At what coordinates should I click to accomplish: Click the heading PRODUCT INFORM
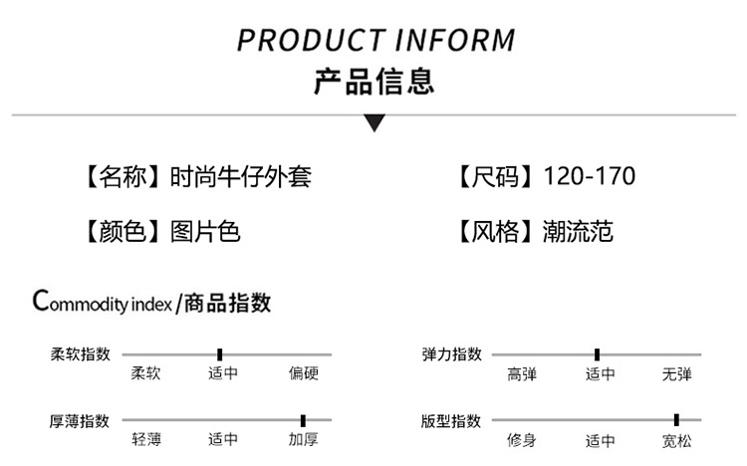[x=376, y=41]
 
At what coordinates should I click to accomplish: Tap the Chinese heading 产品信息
[x=373, y=81]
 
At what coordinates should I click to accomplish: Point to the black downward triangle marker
[x=373, y=123]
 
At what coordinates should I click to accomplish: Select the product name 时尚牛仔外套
[x=241, y=177]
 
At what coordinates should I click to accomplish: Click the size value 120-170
[x=590, y=177]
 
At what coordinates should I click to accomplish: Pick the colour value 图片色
[x=205, y=233]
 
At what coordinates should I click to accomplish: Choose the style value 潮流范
[x=578, y=233]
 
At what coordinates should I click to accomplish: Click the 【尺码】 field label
[x=495, y=177]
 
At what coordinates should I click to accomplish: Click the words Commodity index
[x=104, y=302]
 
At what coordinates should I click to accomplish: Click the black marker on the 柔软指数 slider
[x=219, y=353]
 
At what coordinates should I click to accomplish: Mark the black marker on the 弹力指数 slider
[x=597, y=353]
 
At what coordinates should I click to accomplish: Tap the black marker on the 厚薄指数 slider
[x=303, y=420]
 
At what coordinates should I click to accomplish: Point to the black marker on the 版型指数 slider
[x=676, y=420]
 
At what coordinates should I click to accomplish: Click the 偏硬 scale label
[x=303, y=374]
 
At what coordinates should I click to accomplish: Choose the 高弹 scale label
[x=521, y=374]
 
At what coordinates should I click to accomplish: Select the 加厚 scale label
[x=303, y=439]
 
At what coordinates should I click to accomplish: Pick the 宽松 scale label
[x=676, y=439]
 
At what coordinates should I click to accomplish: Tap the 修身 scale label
[x=521, y=439]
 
